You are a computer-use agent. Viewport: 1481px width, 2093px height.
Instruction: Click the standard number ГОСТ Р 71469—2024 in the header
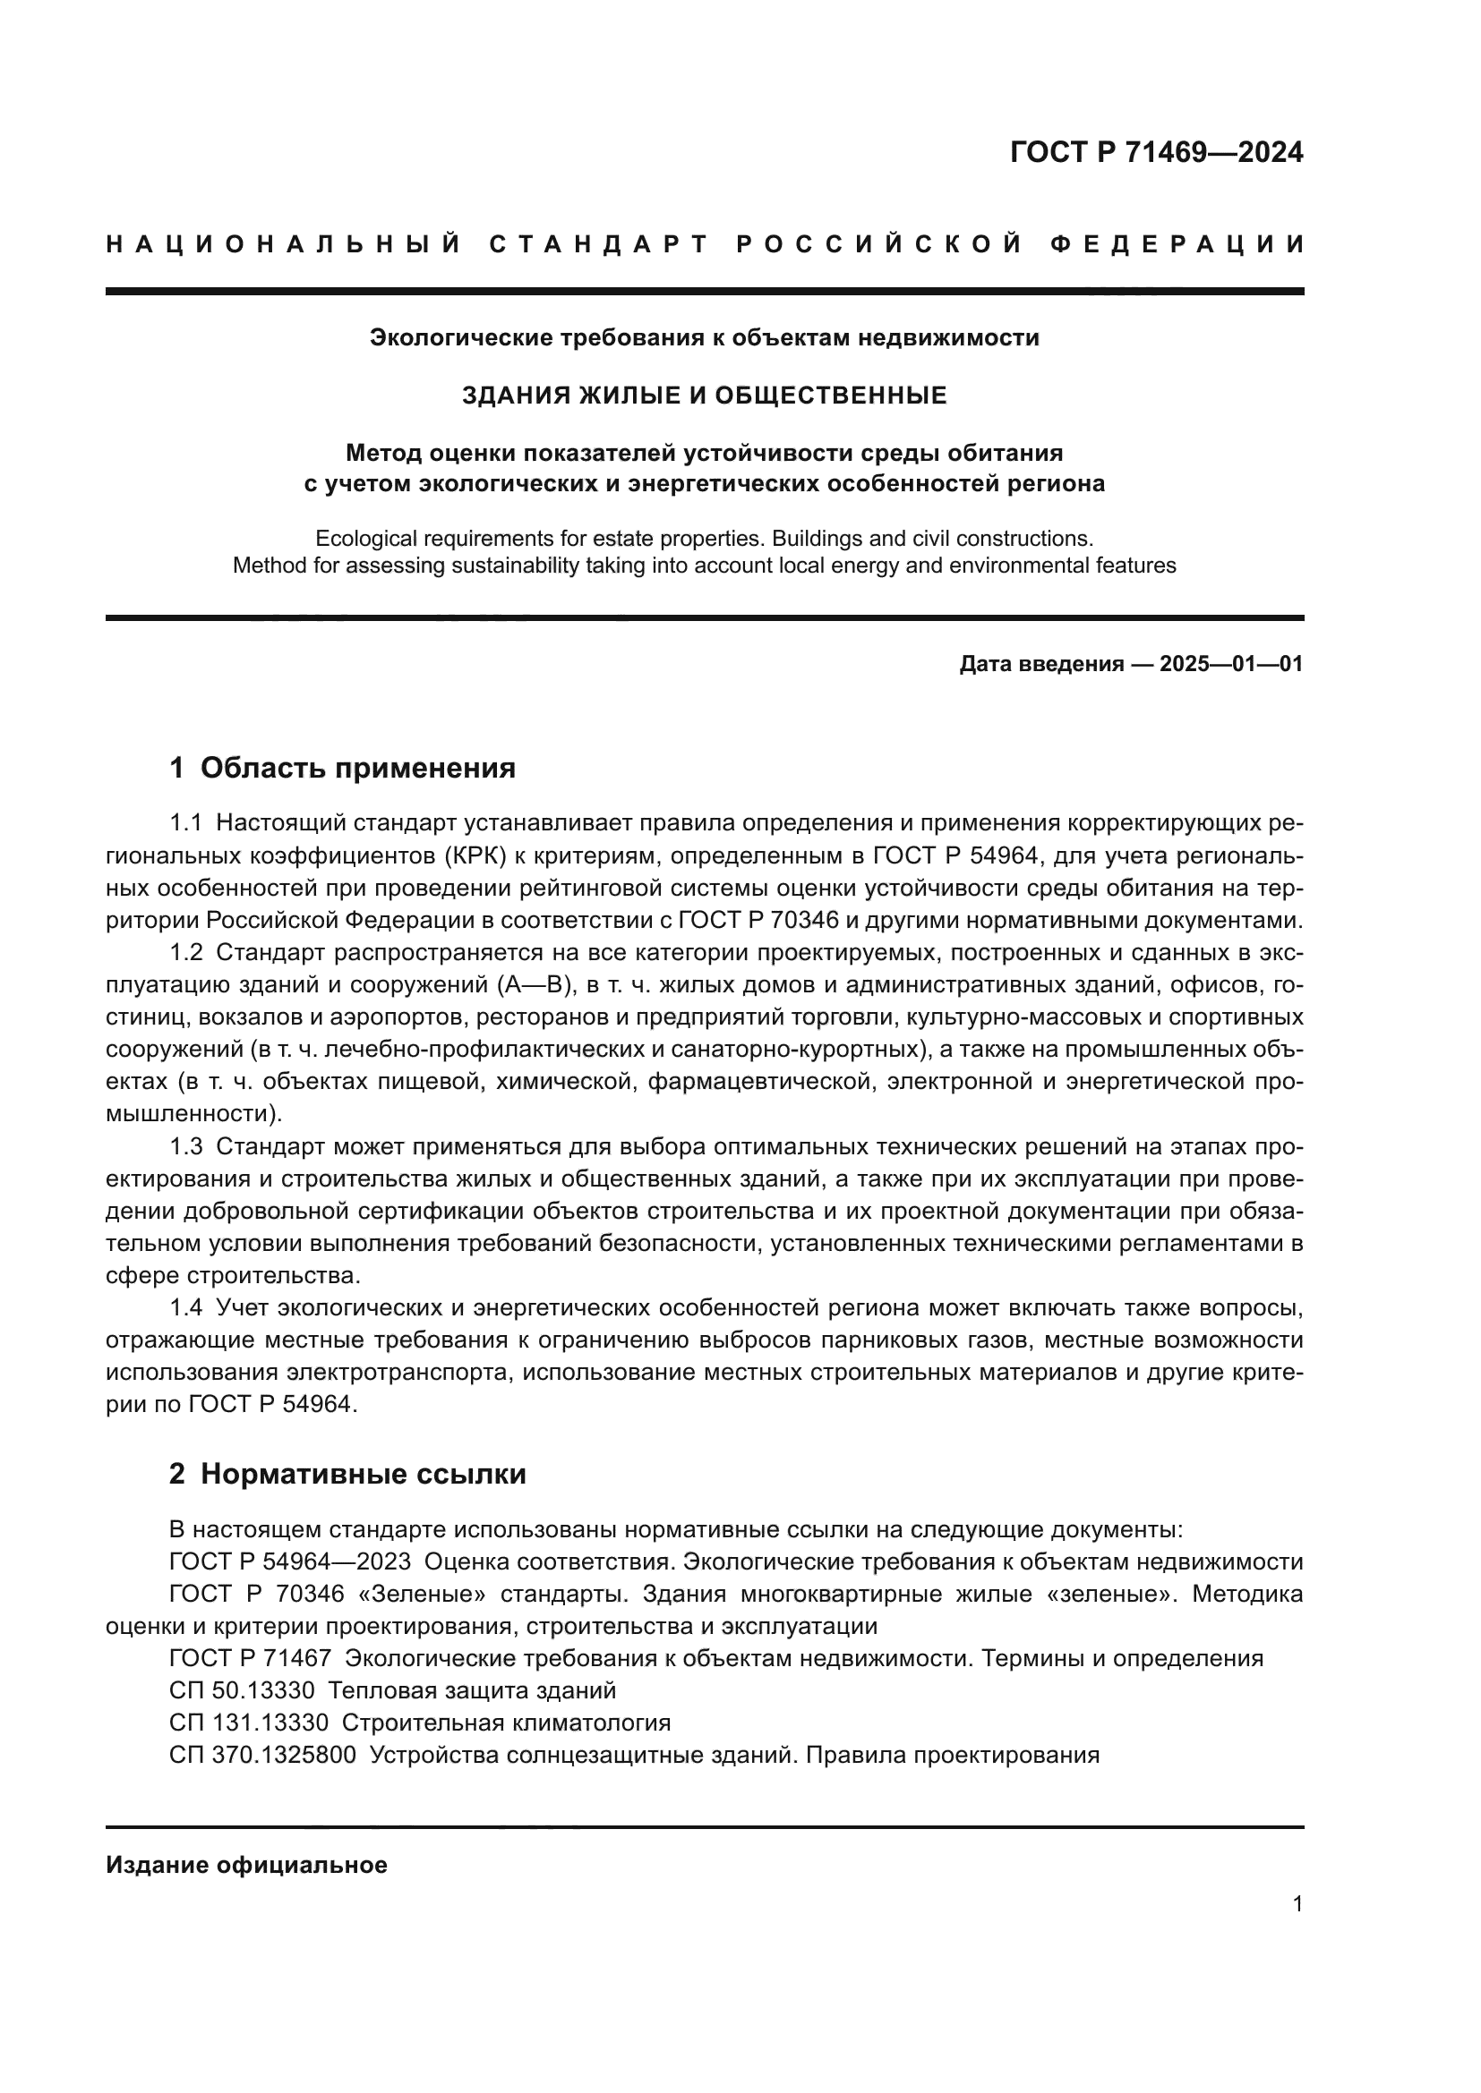[x=1156, y=152]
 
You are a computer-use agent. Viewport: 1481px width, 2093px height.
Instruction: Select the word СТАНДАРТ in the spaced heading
[x=599, y=244]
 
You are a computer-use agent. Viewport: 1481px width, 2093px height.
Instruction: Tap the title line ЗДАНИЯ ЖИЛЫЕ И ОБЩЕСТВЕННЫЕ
[x=704, y=395]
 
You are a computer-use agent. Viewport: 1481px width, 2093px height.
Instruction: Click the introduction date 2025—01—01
[x=1231, y=664]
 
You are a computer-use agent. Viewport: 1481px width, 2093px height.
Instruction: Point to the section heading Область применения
[x=357, y=768]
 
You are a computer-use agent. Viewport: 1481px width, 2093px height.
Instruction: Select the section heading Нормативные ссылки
[x=363, y=1474]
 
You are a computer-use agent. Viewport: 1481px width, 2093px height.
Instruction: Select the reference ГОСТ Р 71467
[x=250, y=1658]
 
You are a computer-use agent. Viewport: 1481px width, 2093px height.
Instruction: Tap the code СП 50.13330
[x=242, y=1691]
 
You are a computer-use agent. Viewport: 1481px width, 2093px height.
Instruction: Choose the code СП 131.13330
[x=249, y=1723]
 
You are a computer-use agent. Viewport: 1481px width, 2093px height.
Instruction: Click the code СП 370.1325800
[x=262, y=1755]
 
